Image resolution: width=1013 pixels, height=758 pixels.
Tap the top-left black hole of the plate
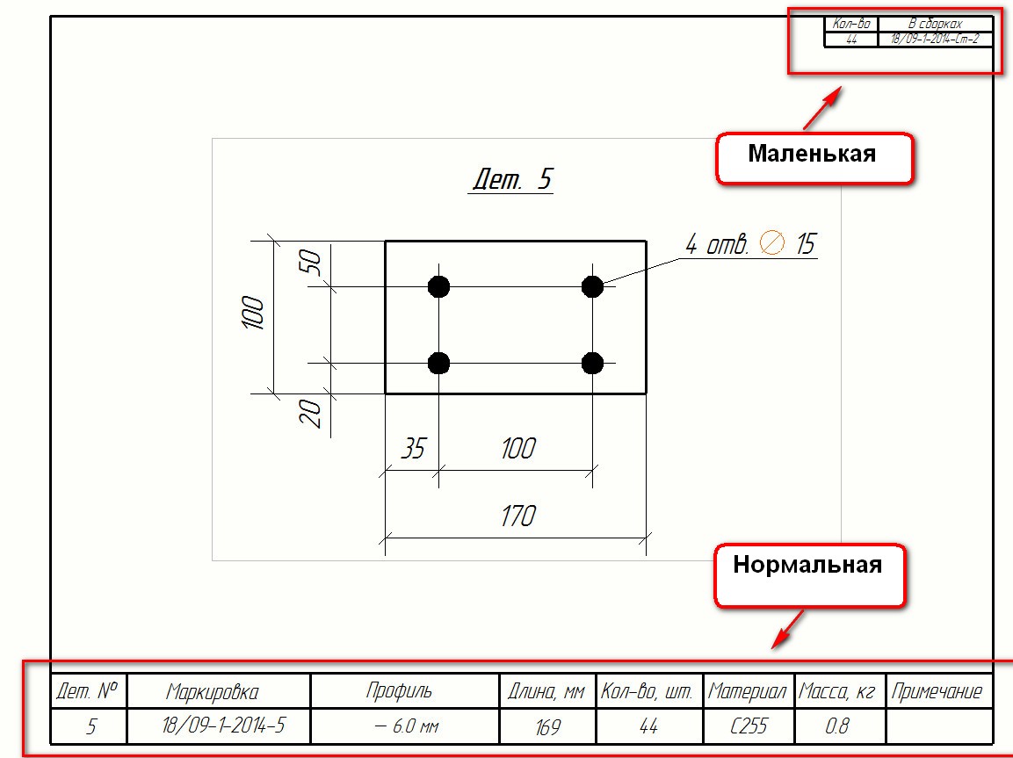[438, 286]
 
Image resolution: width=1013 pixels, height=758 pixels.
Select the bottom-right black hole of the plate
[592, 363]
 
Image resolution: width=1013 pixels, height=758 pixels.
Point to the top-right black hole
[592, 286]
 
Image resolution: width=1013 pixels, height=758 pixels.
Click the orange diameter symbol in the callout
[772, 242]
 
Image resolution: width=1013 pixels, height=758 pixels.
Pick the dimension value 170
[517, 516]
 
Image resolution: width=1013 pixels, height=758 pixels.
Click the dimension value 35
[412, 449]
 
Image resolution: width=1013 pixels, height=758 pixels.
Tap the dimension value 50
[312, 262]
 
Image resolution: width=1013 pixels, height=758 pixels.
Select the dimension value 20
[312, 412]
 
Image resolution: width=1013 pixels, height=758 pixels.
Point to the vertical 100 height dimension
[253, 314]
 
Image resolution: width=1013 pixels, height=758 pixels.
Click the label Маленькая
[812, 154]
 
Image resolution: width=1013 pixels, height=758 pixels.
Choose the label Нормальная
[807, 564]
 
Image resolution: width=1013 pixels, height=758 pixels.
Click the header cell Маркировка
[213, 692]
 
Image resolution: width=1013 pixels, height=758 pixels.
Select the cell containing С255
[749, 727]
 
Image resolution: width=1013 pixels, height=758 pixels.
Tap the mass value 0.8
[838, 727]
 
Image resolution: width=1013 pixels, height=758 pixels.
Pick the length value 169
[547, 727]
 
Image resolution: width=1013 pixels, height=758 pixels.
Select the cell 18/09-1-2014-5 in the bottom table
[224, 726]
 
